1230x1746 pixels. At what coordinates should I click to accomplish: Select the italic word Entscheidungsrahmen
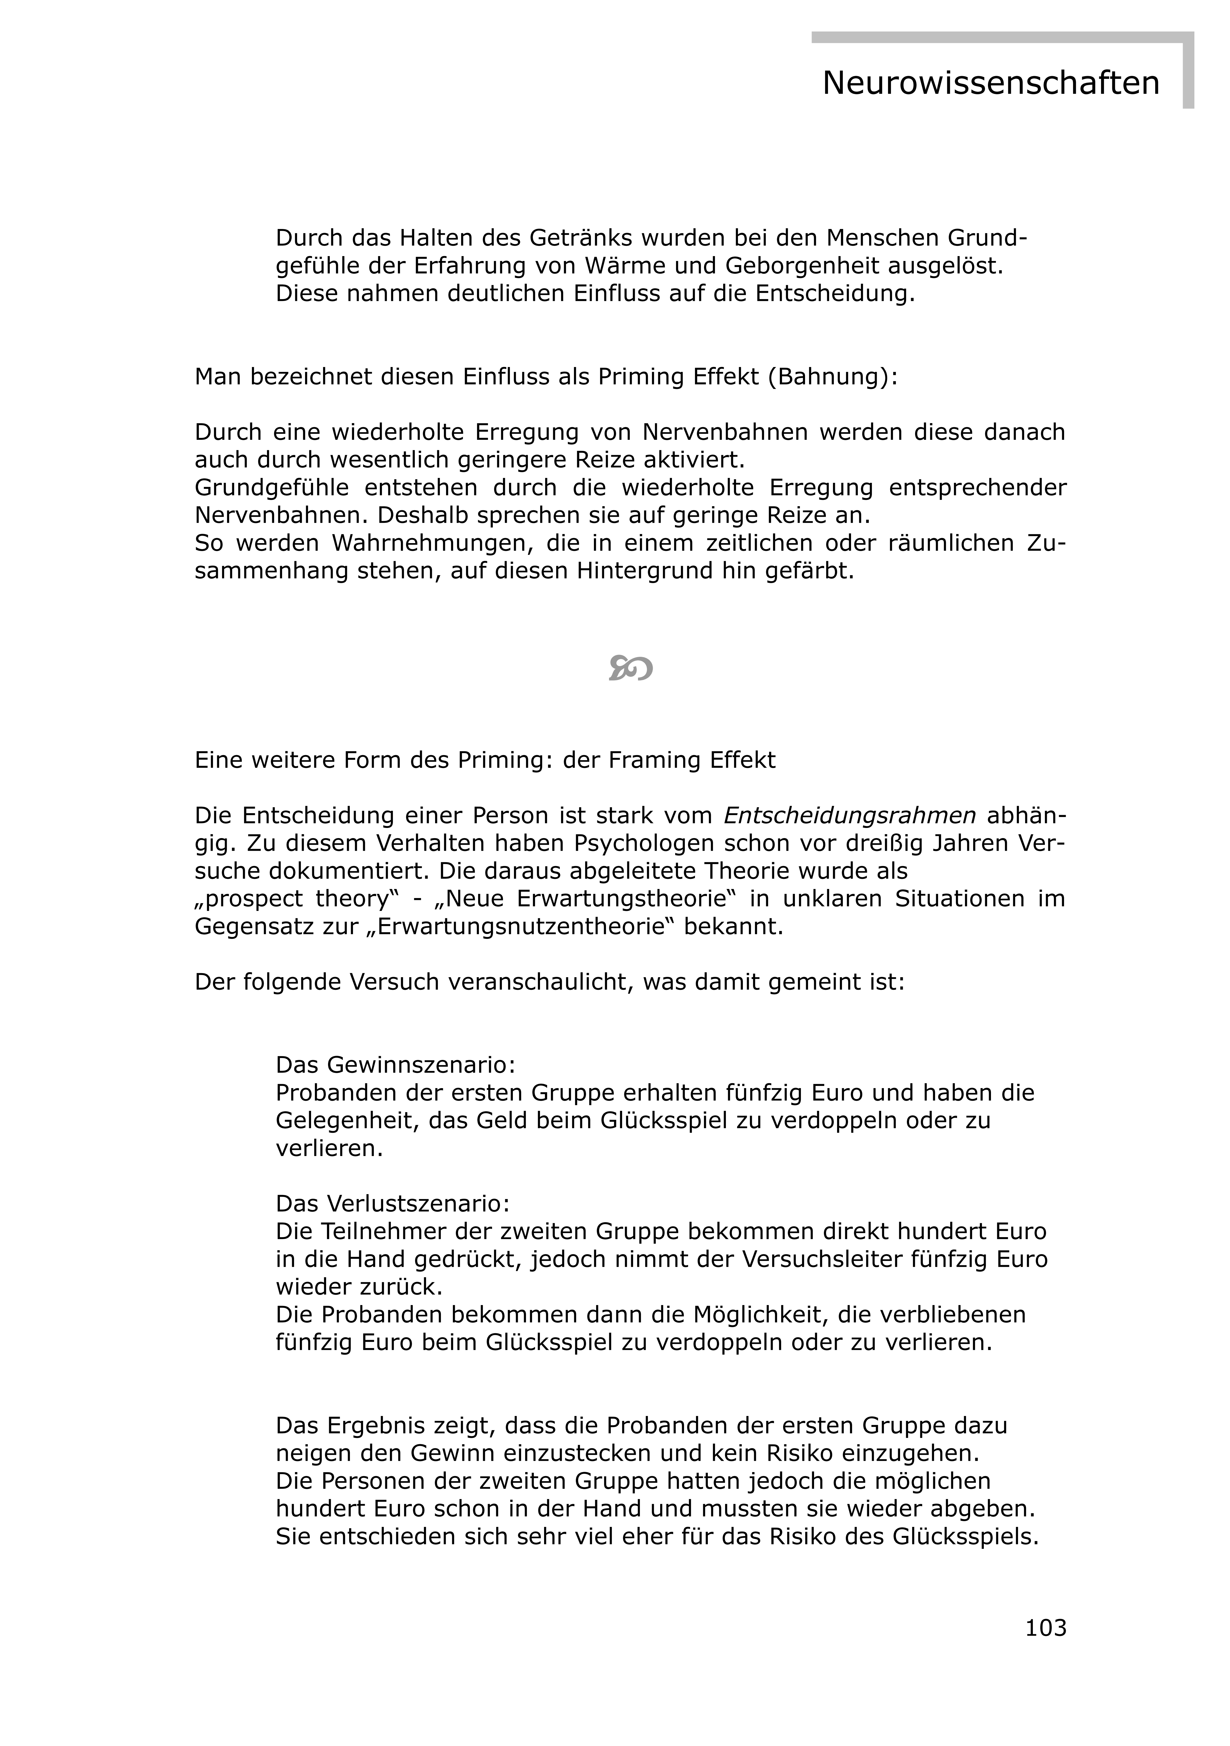[850, 815]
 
